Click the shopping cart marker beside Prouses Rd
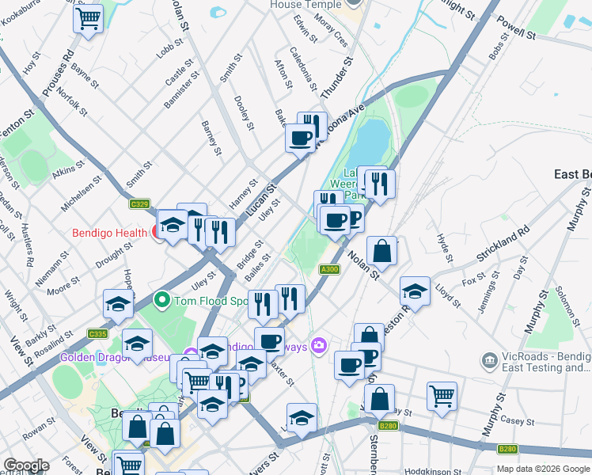pos(89,17)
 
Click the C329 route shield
pos(139,204)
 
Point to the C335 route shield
pos(97,334)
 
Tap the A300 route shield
pos(330,270)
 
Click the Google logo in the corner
pos(26,465)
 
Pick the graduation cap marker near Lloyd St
pos(415,291)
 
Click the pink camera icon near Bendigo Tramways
pos(319,344)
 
